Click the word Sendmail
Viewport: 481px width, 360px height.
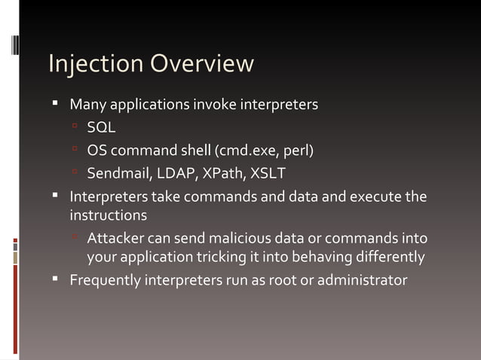click(x=119, y=174)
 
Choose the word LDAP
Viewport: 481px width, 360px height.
click(x=176, y=174)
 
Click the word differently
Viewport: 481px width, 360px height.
click(x=388, y=258)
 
